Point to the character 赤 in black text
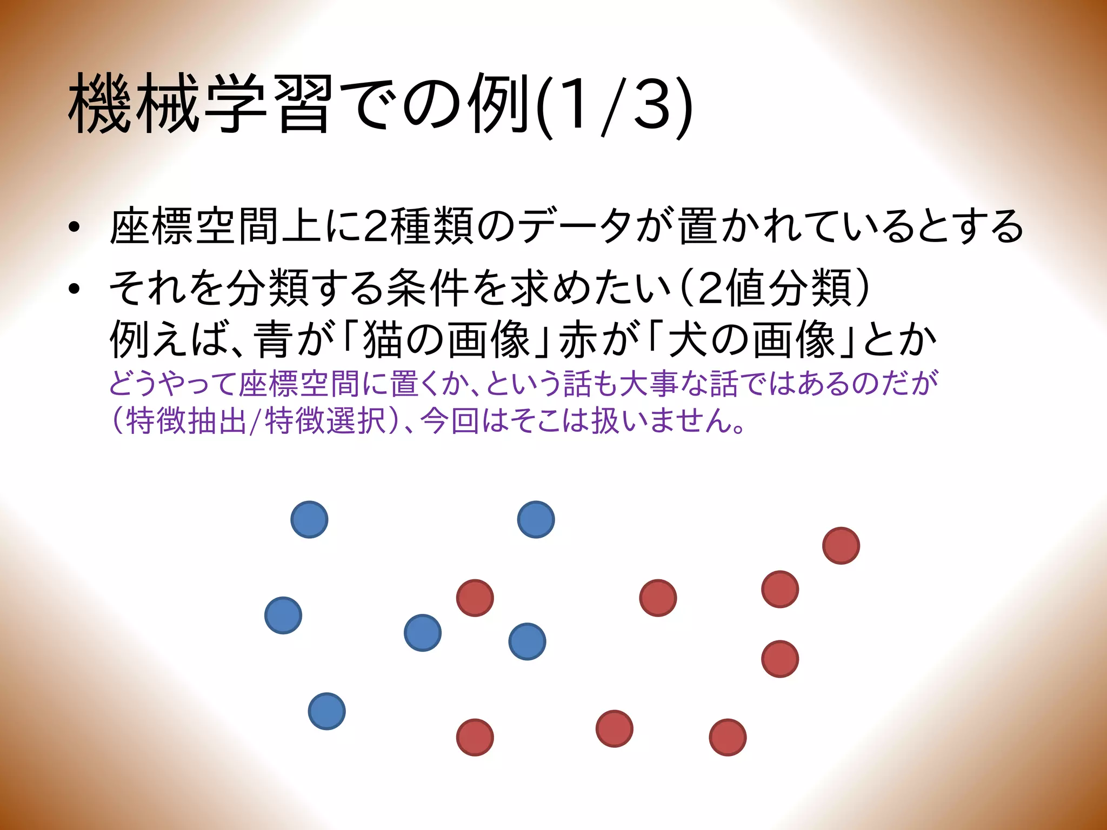578,340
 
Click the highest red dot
841,546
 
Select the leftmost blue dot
283,615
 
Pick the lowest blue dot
326,711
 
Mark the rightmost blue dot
536,519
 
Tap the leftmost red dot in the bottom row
475,737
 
